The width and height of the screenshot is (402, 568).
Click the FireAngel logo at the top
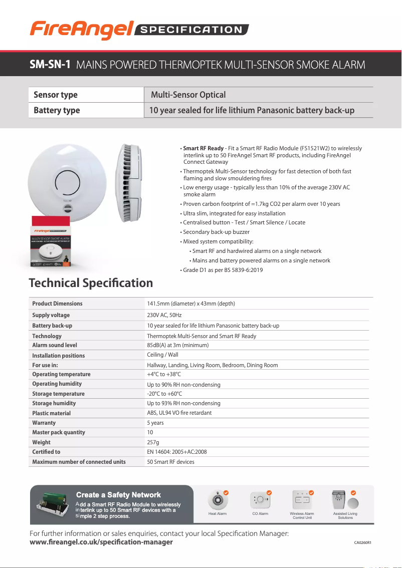81,30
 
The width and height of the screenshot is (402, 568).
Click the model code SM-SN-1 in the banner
50,65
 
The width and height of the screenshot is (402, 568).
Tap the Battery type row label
57,110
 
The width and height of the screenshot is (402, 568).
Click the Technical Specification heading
91,283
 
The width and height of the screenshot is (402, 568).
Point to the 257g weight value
153,442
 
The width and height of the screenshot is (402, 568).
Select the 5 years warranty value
155,423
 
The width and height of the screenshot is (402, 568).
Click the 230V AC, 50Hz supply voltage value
164,315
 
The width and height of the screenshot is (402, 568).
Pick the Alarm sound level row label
55,345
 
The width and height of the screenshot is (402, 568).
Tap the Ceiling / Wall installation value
162,355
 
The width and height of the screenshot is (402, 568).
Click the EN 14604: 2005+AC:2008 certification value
176,452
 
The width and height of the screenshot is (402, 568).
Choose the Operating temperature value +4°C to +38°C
164,374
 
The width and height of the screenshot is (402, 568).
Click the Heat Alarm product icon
218,499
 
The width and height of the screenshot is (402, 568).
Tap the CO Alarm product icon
260,499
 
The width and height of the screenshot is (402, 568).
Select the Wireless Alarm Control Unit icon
302,499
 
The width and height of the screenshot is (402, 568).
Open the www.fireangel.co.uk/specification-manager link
101,542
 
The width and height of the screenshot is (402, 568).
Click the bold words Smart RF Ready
204,148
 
